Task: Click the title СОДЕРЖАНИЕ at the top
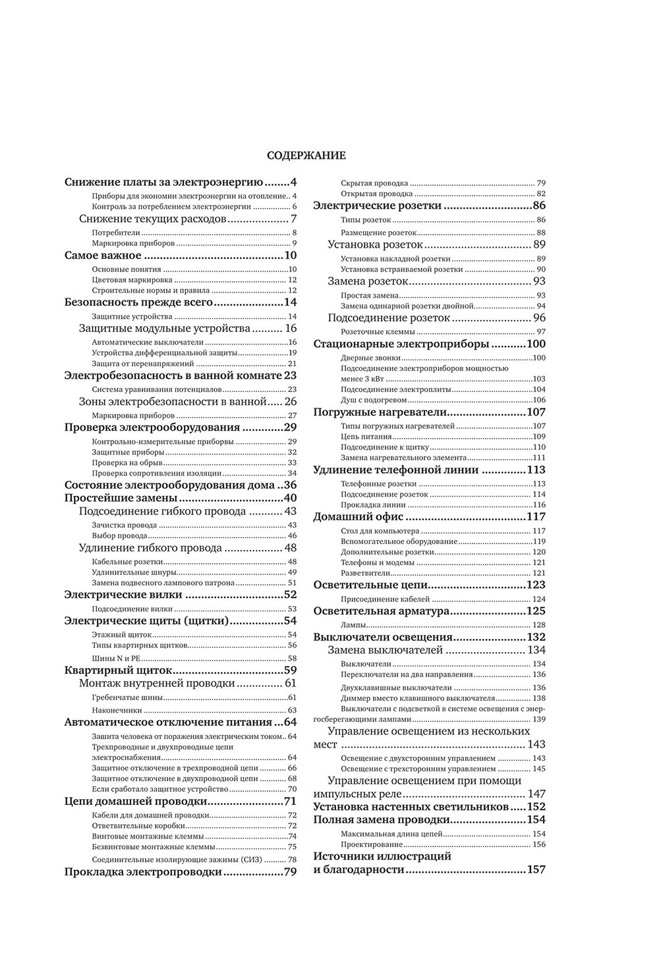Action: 306,156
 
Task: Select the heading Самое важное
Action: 103,255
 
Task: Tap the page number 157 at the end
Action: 536,870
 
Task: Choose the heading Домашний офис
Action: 358,516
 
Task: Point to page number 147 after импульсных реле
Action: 535,794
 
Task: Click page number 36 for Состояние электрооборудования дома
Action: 290,485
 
